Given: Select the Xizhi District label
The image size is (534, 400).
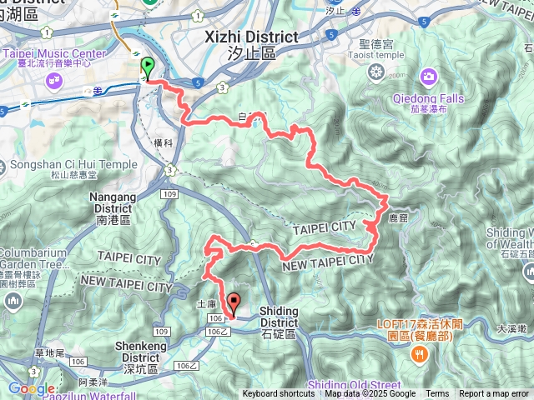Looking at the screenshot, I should [x=250, y=37].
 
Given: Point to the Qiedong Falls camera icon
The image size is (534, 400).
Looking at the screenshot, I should [x=428, y=77].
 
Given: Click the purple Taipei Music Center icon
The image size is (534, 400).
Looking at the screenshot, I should [x=55, y=81].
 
